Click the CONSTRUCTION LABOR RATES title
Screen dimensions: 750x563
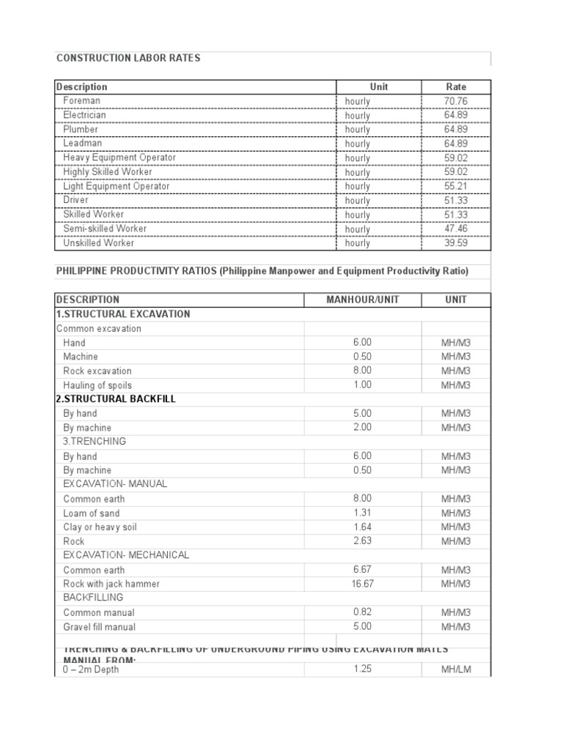[128, 58]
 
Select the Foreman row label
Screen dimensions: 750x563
[82, 100]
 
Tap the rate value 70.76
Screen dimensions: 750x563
[456, 101]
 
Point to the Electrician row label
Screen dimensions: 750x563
[84, 115]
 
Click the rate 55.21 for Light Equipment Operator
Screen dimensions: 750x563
[456, 186]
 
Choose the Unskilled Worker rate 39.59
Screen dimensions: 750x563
[456, 243]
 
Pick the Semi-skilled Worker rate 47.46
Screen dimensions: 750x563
[456, 229]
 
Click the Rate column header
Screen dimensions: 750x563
[456, 86]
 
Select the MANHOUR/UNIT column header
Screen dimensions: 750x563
[362, 300]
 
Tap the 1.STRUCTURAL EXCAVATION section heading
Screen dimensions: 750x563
[123, 314]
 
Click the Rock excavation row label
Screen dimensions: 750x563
[97, 371]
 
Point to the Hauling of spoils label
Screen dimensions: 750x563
[97, 385]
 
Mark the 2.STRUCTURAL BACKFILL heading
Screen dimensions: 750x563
[116, 399]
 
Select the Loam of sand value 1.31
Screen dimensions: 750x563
[362, 513]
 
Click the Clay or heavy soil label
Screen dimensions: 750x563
[100, 527]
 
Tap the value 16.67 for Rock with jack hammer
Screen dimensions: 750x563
[362, 584]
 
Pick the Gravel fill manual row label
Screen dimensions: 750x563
[99, 627]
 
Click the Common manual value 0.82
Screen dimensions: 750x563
[362, 612]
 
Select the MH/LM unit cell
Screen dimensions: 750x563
[456, 669]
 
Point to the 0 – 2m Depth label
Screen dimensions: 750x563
[91, 669]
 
